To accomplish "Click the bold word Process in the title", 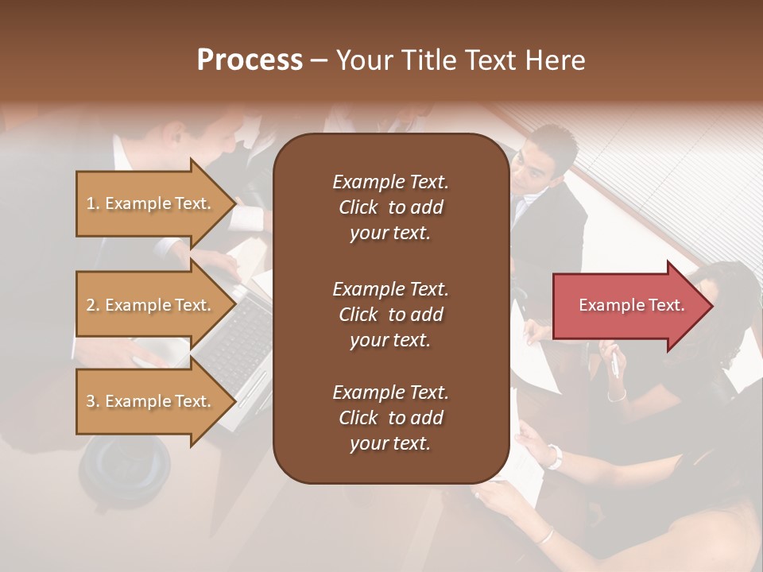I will click(x=250, y=60).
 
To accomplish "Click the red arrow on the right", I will click(x=632, y=306).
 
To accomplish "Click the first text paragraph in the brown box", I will click(x=390, y=207).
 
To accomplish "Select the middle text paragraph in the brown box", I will click(x=390, y=314).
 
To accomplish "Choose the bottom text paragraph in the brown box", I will click(x=390, y=418).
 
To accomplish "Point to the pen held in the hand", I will click(x=614, y=364).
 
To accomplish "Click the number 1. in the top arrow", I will click(x=93, y=203).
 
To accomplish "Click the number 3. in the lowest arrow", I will click(x=93, y=401).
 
